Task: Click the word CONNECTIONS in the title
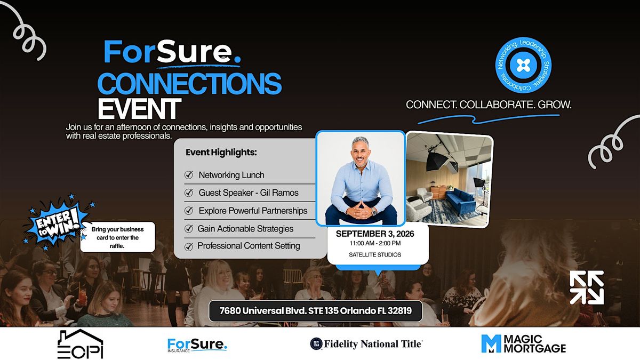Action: (189, 83)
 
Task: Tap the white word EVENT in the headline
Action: (139, 109)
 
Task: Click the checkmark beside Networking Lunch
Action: (189, 174)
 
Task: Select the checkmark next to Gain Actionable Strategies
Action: (189, 229)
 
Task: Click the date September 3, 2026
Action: (375, 234)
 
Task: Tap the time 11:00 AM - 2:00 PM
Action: (375, 243)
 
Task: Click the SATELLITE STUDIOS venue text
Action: (375, 254)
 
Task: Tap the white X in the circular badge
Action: (523, 66)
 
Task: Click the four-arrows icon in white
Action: (587, 287)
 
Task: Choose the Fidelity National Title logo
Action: (366, 343)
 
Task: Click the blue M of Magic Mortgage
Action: (491, 343)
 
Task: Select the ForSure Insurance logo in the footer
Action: (197, 345)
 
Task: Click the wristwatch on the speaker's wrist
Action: (374, 212)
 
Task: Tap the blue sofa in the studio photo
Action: (461, 202)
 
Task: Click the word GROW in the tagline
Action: (554, 105)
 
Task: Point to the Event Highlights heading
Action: (221, 153)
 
